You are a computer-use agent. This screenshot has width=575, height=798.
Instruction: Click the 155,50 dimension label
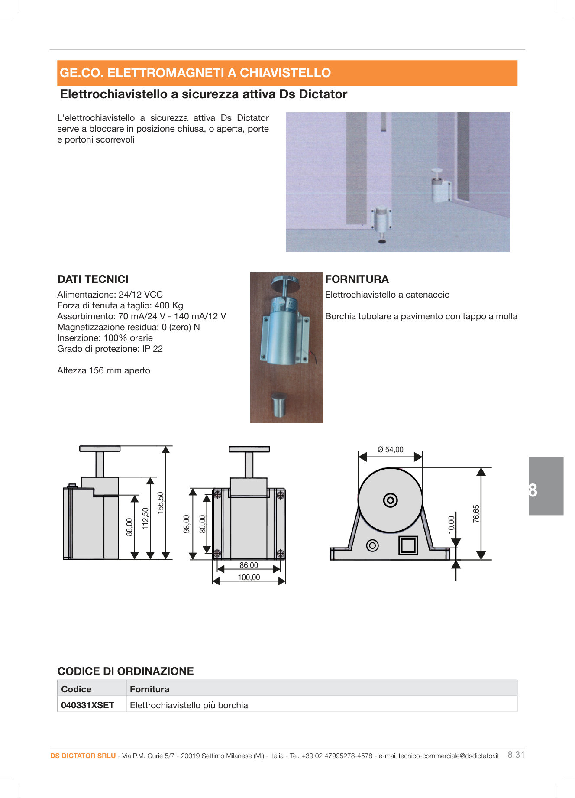[161, 503]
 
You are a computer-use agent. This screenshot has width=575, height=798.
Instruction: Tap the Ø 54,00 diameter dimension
[390, 450]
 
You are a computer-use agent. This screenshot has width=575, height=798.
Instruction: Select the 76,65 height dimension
[476, 514]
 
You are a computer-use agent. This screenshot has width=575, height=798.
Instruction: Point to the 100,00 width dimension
[249, 577]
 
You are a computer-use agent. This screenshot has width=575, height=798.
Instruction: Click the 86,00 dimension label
[249, 565]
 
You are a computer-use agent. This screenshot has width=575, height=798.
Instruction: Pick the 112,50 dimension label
[145, 519]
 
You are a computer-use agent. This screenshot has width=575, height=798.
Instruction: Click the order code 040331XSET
[87, 705]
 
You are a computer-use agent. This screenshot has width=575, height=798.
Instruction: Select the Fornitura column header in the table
[149, 689]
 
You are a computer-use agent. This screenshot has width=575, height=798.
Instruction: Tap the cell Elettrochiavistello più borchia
[189, 705]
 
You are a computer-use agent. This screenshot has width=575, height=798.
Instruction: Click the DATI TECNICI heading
[93, 279]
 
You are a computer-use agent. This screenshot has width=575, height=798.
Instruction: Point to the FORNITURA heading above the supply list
[357, 279]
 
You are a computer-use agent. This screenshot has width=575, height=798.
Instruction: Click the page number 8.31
[516, 755]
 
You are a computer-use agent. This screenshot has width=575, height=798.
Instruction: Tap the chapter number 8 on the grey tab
[533, 490]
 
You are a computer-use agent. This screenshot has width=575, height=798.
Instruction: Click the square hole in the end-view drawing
[408, 545]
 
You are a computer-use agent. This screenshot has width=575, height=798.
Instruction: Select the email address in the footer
[449, 756]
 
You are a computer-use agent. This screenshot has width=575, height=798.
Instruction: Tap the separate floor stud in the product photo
[279, 404]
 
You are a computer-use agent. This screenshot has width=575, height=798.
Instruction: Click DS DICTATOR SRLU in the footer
[83, 756]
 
